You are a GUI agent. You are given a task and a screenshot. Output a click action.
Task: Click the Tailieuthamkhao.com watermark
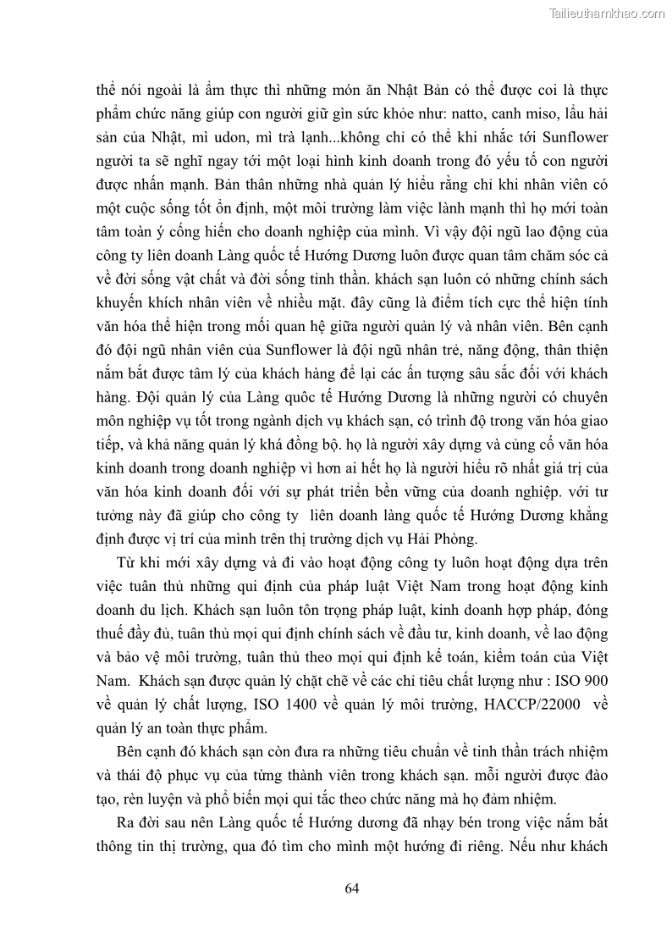608,14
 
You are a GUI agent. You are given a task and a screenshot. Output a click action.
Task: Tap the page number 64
353,887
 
